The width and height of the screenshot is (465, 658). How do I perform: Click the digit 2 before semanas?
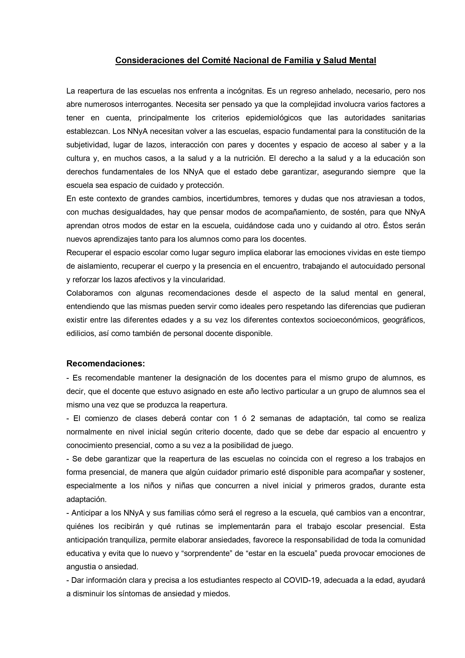253,418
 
